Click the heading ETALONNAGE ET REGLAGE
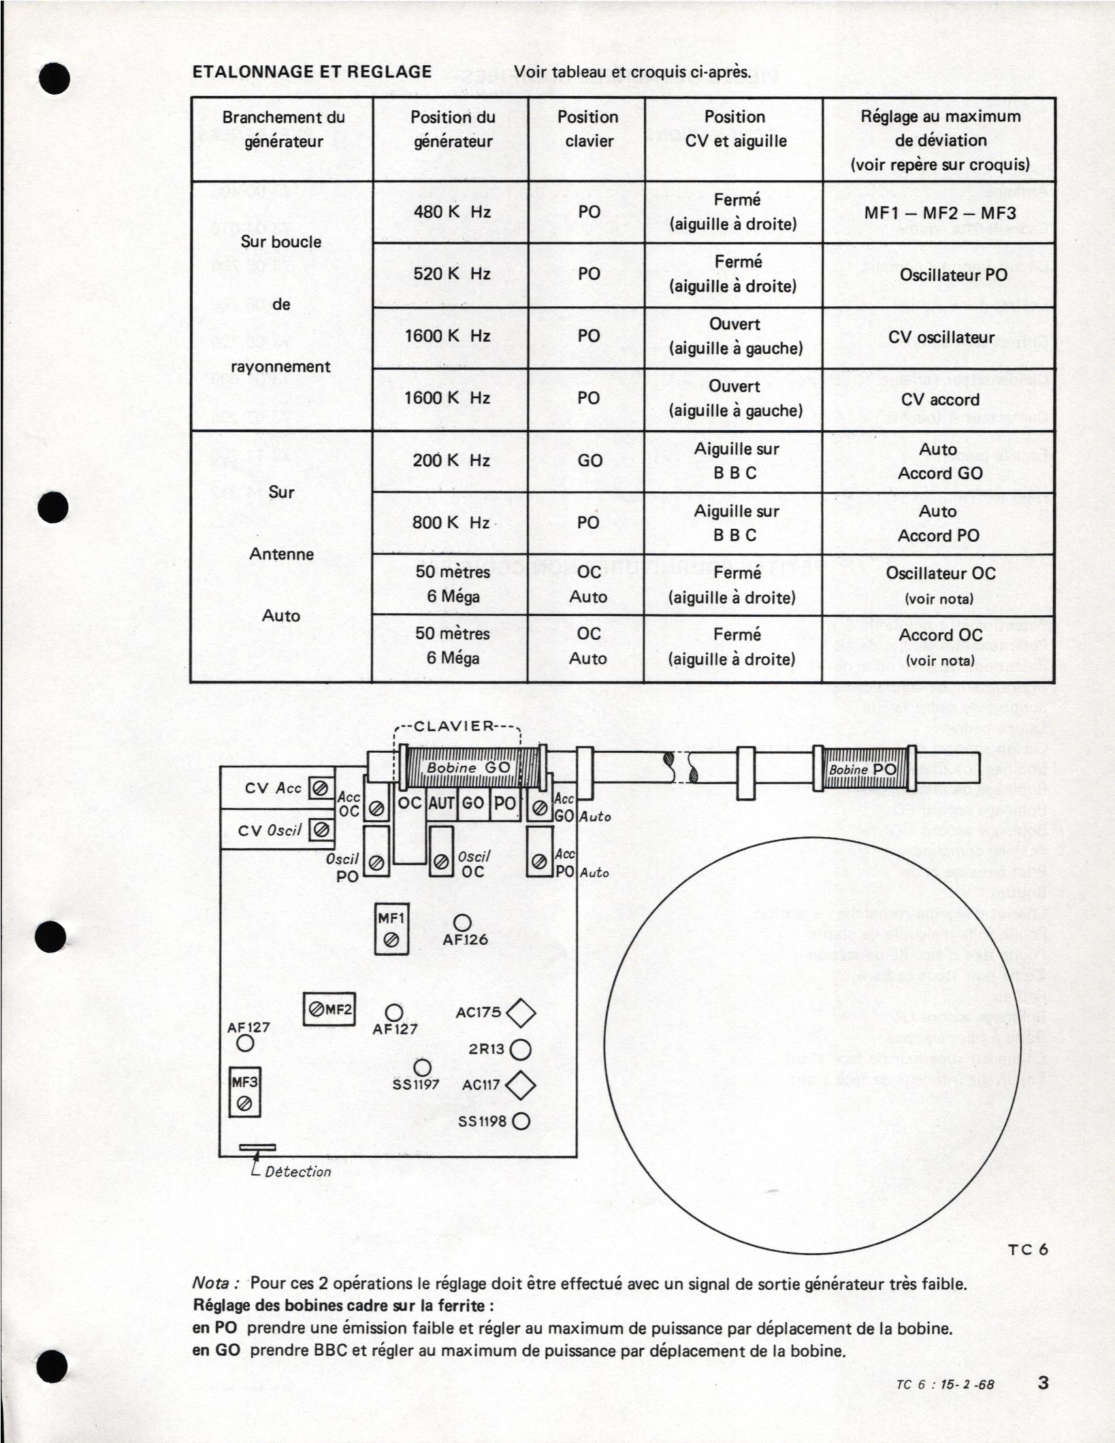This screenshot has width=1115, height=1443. tap(312, 71)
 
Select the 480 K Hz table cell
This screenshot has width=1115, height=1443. tap(451, 212)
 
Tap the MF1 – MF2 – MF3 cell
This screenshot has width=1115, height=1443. tap(939, 212)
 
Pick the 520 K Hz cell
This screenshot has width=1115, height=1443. tap(451, 274)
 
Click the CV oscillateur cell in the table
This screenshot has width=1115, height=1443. tap(940, 338)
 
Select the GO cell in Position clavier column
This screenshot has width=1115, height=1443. tap(589, 461)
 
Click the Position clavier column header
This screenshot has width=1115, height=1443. tap(588, 129)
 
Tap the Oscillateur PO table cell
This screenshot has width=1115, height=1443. tap(939, 275)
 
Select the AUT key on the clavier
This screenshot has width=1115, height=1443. tap(441, 802)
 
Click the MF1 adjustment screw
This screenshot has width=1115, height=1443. tap(391, 939)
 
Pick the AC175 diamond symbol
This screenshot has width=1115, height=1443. tap(521, 1012)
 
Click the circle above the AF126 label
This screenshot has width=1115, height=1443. tap(463, 922)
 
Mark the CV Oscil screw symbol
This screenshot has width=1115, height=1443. tap(321, 830)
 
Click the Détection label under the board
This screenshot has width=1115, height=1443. tap(297, 1171)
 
